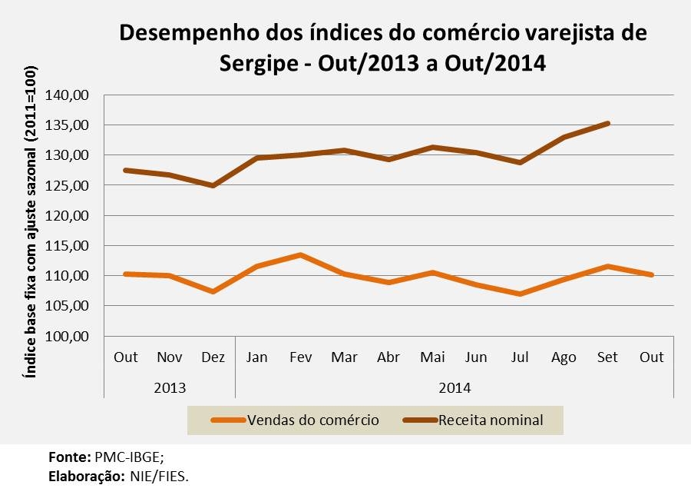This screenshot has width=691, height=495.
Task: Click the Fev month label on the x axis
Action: click(300, 357)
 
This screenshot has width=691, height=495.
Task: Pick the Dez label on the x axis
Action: click(213, 357)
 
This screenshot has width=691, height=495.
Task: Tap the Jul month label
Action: click(520, 357)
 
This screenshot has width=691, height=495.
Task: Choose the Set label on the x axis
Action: click(607, 357)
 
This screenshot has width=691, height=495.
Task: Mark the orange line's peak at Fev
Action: click(300, 254)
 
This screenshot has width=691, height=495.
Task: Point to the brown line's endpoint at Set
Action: click(607, 123)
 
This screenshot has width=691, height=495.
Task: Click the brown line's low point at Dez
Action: click(213, 185)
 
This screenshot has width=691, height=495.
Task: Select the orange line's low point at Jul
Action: click(520, 294)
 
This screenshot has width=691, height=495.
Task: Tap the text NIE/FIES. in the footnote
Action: click(157, 477)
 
